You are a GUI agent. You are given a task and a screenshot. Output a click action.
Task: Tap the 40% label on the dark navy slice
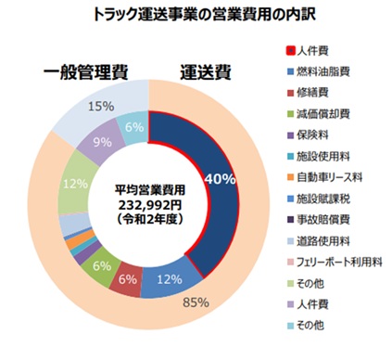pyautogui.click(x=221, y=179)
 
